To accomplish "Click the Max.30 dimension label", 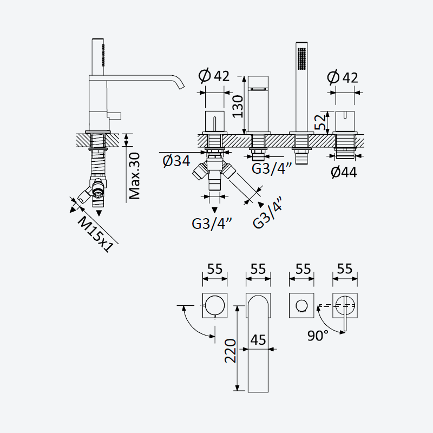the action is pos(135,176).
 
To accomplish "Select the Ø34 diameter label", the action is pos(176,161).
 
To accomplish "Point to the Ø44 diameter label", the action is pos(344,172).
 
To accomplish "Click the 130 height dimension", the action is pos(238,106).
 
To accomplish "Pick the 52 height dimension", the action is pos(320,122).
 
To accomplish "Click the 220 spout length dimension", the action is pos(231,351).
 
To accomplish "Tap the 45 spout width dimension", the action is pos(258,340).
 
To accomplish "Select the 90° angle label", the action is pos(318,336).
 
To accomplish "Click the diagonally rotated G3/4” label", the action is pos(268,212).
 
